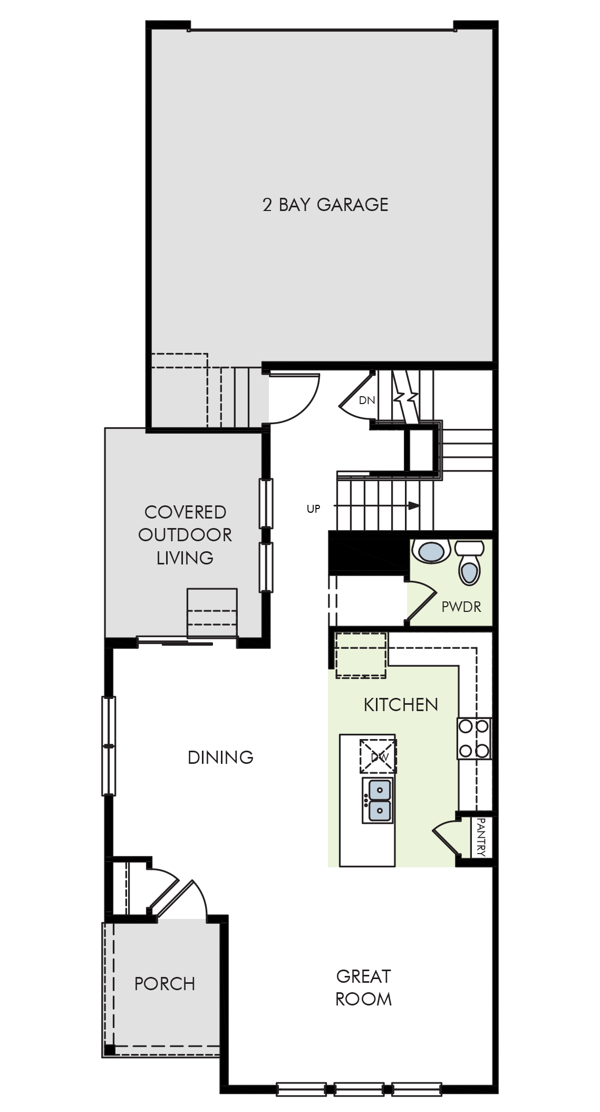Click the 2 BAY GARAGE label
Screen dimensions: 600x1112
[325, 205]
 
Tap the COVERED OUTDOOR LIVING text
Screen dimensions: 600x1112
[185, 535]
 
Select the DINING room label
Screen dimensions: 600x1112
[220, 758]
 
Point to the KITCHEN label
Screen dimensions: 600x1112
[401, 705]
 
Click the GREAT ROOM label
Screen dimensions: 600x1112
[364, 988]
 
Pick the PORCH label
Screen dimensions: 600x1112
[164, 984]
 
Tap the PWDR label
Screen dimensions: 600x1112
[461, 607]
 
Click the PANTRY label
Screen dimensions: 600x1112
[481, 837]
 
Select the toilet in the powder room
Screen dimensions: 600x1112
[469, 562]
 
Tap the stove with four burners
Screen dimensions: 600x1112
[474, 739]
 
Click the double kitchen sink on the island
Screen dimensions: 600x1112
[378, 800]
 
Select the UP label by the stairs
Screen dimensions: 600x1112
[313, 509]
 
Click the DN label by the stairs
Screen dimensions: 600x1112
[367, 400]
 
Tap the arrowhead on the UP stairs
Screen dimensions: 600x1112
[414, 505]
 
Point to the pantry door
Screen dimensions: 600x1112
[446, 835]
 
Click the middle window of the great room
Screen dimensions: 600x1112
[359, 1088]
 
